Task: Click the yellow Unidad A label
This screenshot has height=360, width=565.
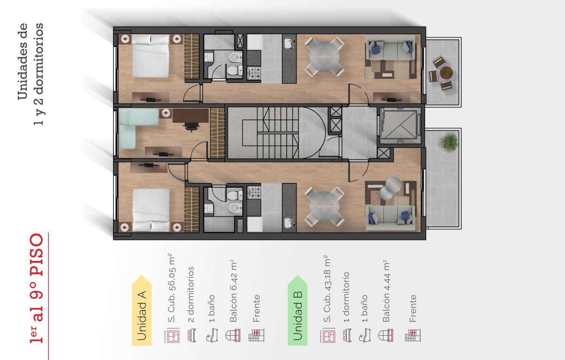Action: coord(142,310)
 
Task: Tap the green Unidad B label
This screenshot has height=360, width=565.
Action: coord(298,310)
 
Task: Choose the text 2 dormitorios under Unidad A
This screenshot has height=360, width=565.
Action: coord(191,295)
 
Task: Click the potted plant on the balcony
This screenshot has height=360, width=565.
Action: coord(449,142)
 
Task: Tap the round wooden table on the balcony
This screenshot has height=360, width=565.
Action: coord(446,73)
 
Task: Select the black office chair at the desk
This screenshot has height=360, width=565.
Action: coord(192,127)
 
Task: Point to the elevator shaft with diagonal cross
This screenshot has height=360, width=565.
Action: coord(400,125)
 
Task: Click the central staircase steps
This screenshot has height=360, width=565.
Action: coord(278,133)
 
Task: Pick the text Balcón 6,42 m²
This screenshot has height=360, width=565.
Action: coord(234,291)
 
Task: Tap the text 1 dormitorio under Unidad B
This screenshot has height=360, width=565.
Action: coord(346,297)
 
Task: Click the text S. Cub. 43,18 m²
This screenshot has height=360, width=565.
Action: coord(327,289)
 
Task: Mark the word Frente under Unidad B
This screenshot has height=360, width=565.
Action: coord(413,308)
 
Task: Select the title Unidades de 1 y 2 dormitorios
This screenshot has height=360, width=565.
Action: coord(31,74)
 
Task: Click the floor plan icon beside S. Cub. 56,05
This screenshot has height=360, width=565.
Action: coord(172,335)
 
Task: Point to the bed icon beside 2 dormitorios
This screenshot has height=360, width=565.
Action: coord(192,335)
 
